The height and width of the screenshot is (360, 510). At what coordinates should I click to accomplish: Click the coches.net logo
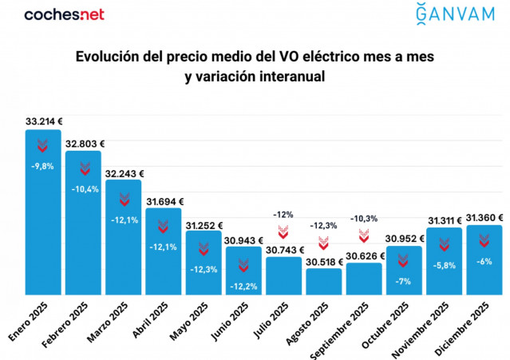pos(64,14)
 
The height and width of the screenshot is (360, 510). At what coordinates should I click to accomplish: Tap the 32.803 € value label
pos(85,144)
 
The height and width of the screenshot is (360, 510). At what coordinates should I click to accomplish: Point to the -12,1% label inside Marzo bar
pos(124,220)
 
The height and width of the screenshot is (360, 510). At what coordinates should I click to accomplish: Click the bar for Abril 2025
pos(164,255)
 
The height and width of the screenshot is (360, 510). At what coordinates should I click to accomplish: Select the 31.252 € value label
pos(204,226)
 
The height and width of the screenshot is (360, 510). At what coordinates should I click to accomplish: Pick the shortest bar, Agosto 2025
pos(324,281)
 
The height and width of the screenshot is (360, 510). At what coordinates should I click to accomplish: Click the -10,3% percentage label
pos(364,218)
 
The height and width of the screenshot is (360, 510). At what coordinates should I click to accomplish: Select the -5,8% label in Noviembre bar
pos(445,265)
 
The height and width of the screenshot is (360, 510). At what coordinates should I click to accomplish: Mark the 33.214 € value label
pos(45,121)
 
